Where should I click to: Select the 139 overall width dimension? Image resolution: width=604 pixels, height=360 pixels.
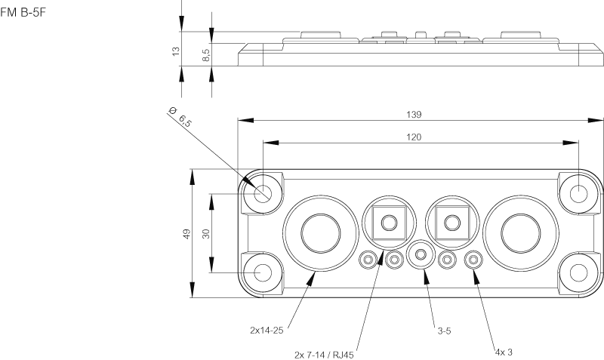[x=413, y=114]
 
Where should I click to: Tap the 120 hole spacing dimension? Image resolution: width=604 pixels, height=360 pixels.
[x=413, y=137]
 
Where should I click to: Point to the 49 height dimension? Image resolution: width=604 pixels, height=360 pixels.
[x=186, y=234]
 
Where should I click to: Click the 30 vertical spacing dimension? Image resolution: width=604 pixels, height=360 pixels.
[x=205, y=234]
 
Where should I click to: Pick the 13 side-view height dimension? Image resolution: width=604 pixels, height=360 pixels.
[x=176, y=51]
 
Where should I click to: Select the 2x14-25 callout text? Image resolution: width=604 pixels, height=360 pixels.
[x=266, y=330]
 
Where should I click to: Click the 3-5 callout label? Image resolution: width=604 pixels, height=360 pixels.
[x=445, y=330]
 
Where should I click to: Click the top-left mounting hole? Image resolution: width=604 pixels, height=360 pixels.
[x=262, y=193]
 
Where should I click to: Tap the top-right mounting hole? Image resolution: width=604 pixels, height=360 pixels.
[x=578, y=193]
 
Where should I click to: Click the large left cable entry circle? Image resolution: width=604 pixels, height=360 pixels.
[x=318, y=232]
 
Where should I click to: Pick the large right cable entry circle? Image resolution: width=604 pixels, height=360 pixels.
[x=518, y=232]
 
